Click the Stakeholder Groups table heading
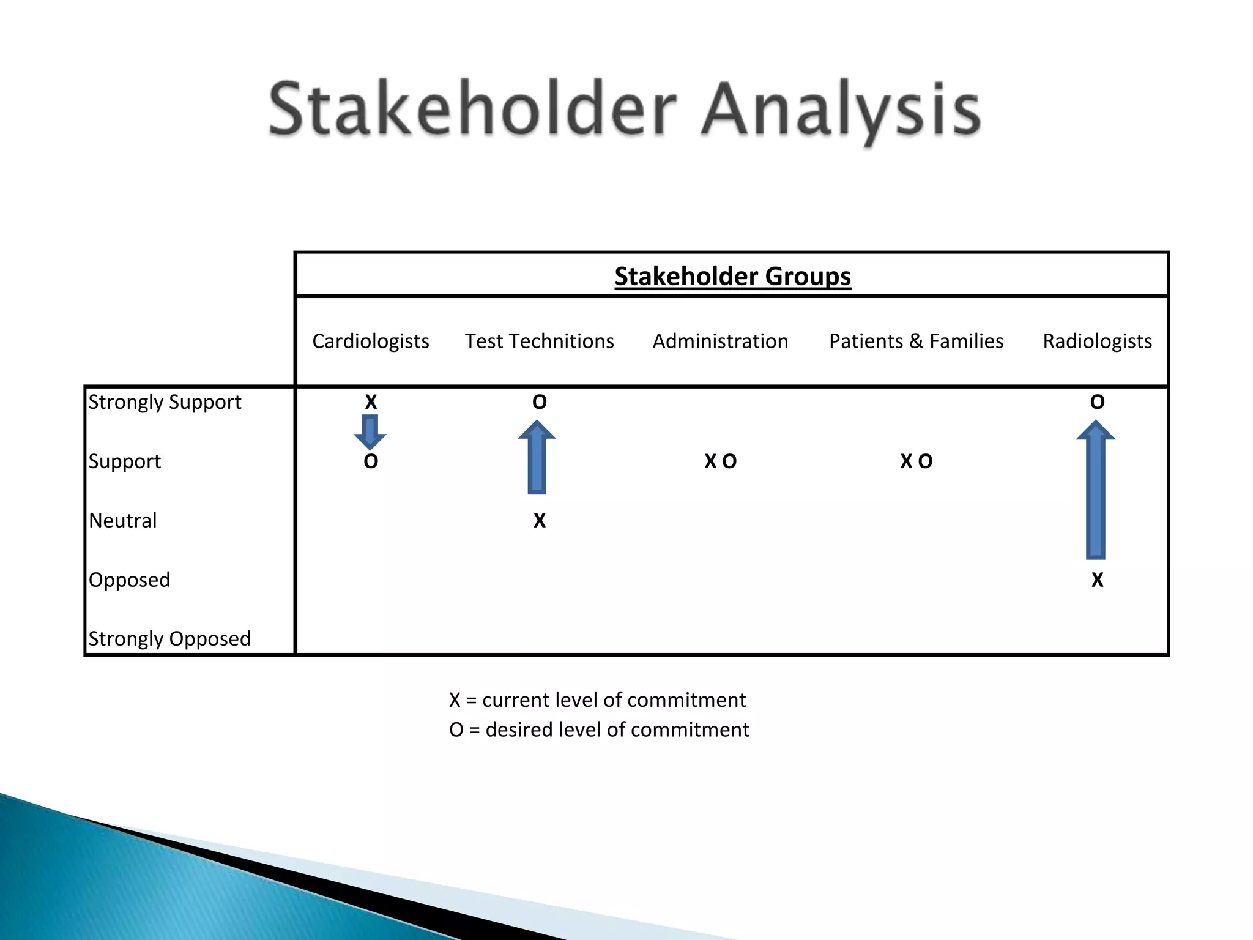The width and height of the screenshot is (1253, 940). (732, 276)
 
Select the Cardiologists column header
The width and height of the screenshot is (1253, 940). (370, 341)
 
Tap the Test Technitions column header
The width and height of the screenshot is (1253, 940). (539, 341)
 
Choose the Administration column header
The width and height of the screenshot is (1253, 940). (720, 341)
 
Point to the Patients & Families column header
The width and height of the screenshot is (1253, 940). (916, 341)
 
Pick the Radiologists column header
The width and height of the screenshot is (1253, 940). (1097, 341)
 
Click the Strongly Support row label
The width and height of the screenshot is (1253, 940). (165, 402)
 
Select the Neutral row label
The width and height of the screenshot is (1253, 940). (123, 520)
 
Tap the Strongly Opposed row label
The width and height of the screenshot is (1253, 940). (169, 638)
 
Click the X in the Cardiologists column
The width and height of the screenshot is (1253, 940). (371, 402)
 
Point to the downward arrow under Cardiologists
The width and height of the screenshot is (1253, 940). (370, 432)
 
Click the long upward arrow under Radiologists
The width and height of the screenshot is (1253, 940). (1096, 490)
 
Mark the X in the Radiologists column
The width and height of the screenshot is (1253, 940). (1098, 580)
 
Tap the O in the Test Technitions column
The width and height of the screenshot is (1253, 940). (539, 402)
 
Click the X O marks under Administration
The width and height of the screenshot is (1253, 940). (720, 461)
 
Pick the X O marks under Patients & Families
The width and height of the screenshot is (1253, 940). (916, 461)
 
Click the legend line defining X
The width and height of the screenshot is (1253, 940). (597, 699)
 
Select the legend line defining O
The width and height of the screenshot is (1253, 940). (599, 729)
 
